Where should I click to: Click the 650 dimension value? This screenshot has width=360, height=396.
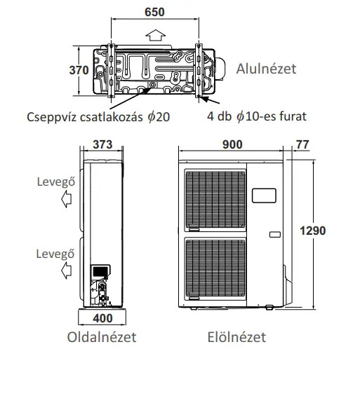tap(154, 12)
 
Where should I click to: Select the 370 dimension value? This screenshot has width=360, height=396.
tap(79, 70)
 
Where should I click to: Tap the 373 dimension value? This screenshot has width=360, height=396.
tap(102, 144)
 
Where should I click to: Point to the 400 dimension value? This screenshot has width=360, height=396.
tap(102, 318)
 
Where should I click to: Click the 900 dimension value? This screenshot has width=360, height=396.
tap(232, 144)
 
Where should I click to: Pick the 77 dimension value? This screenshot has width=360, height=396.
tap(302, 144)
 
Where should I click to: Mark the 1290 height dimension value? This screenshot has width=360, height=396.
tap(313, 231)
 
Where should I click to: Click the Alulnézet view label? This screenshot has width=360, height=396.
tap(266, 69)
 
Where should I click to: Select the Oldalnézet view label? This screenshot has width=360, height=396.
tap(102, 337)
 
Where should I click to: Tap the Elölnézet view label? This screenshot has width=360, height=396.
tap(236, 337)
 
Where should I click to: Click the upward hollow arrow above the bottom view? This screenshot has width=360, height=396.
tap(156, 35)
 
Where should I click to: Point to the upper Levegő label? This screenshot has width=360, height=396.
tap(56, 182)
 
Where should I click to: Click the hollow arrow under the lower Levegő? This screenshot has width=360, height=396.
tap(66, 271)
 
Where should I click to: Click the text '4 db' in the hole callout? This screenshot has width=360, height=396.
tap(220, 116)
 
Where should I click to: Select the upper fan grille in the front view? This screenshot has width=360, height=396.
tap(215, 200)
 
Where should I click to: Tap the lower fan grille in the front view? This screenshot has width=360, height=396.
tap(215, 268)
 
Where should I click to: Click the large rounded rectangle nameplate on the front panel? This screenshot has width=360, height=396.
tap(264, 196)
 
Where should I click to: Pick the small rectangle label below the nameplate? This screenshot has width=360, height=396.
tap(275, 235)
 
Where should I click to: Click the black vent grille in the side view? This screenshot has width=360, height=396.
tap(100, 271)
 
